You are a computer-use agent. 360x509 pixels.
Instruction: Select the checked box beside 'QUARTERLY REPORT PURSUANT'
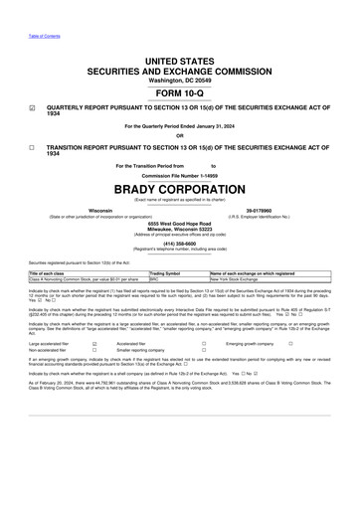pos(33,112)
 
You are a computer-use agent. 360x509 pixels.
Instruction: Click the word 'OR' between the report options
pos(179,136)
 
